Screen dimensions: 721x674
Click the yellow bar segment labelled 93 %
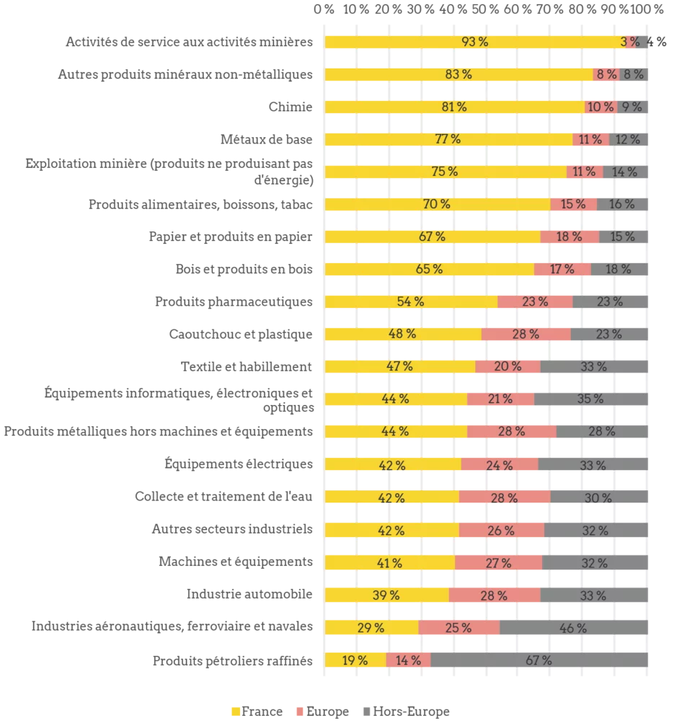click(472, 42)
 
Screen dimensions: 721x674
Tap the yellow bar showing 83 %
click(458, 74)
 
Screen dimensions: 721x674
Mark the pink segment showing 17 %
click(562, 269)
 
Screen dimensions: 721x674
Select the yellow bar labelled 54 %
click(411, 301)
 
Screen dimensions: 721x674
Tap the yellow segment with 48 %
click(403, 334)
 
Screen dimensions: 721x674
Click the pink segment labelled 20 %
click(507, 366)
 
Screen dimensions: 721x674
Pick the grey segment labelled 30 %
click(600, 497)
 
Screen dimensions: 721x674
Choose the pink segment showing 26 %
click(501, 530)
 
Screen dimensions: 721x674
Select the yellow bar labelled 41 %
click(390, 562)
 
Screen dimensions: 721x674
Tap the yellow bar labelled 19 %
click(355, 660)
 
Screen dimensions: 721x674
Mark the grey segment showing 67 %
click(541, 660)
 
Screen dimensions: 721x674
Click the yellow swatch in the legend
click(236, 712)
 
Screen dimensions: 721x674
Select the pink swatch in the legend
click(300, 712)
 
